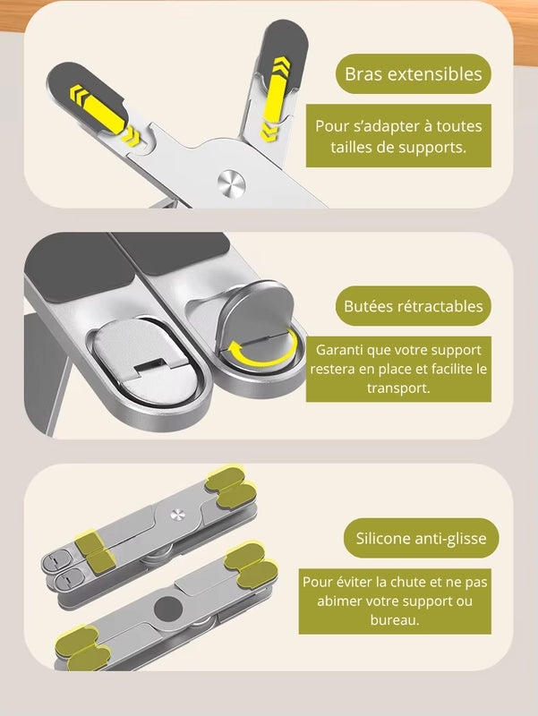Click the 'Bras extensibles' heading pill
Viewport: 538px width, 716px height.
(x=414, y=74)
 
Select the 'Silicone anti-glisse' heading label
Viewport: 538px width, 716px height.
(x=421, y=538)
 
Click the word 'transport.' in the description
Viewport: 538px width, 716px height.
(x=398, y=388)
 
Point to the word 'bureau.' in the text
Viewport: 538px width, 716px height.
(x=395, y=619)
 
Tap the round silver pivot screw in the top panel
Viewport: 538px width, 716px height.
(x=232, y=183)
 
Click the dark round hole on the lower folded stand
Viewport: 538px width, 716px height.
(x=168, y=609)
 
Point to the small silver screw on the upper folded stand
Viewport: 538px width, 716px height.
(x=177, y=515)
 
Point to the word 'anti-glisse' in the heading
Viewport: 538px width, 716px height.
(x=450, y=539)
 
